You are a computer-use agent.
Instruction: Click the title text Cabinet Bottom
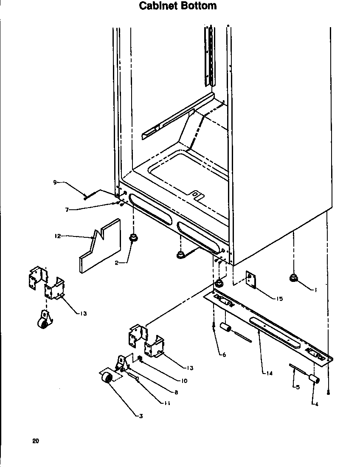coord(178,6)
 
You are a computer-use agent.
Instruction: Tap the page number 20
coord(35,441)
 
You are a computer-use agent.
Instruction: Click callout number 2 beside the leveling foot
coord(116,263)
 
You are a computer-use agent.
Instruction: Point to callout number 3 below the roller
coord(141,416)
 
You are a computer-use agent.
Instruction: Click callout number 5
coord(298,387)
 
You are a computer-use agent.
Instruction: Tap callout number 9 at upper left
coord(55,183)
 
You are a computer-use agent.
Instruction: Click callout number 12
coord(58,236)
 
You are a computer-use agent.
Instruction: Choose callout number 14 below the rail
coord(270,374)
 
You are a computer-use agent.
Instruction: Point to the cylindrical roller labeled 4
coord(313,379)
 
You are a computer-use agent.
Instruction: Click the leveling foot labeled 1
coord(293,278)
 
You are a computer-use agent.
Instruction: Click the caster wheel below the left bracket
coord(43,322)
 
